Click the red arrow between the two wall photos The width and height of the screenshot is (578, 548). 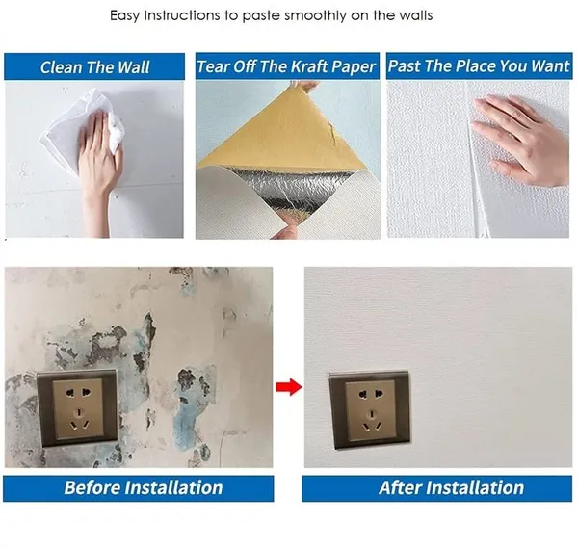pos(289,387)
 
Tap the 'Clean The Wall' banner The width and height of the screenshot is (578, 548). pos(94,66)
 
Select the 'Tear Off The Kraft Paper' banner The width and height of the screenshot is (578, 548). pos(287,66)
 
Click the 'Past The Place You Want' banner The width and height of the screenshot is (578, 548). pos(479,65)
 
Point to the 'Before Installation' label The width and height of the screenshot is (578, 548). pos(138,488)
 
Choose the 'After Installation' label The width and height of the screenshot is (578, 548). pos(436,488)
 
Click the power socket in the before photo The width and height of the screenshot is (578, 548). pos(77,408)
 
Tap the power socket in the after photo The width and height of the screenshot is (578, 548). pos(370,410)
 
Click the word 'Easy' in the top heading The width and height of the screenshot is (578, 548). pos(124,15)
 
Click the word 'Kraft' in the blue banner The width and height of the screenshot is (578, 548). pos(309,66)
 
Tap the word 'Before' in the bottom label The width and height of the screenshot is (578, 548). pos(92,487)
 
